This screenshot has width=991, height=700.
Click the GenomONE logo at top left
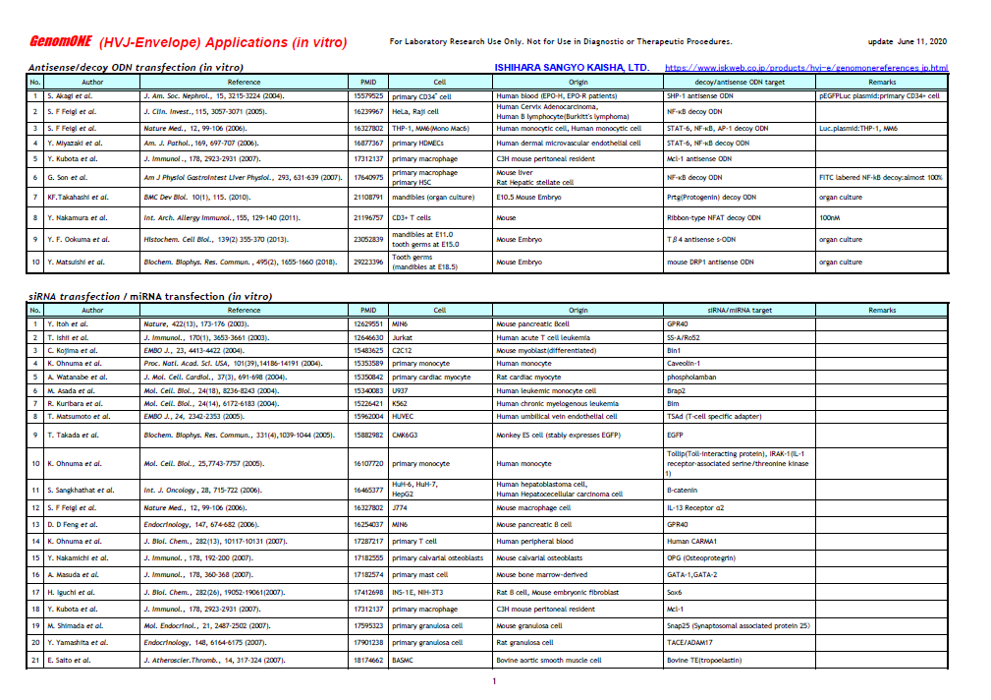61,42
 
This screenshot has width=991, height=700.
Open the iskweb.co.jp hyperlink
806,68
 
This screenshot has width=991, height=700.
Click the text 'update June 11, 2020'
908,42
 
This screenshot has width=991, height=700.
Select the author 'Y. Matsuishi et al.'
75,262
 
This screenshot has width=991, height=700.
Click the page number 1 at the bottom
494,681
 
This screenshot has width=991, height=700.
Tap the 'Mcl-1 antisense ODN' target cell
698,158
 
